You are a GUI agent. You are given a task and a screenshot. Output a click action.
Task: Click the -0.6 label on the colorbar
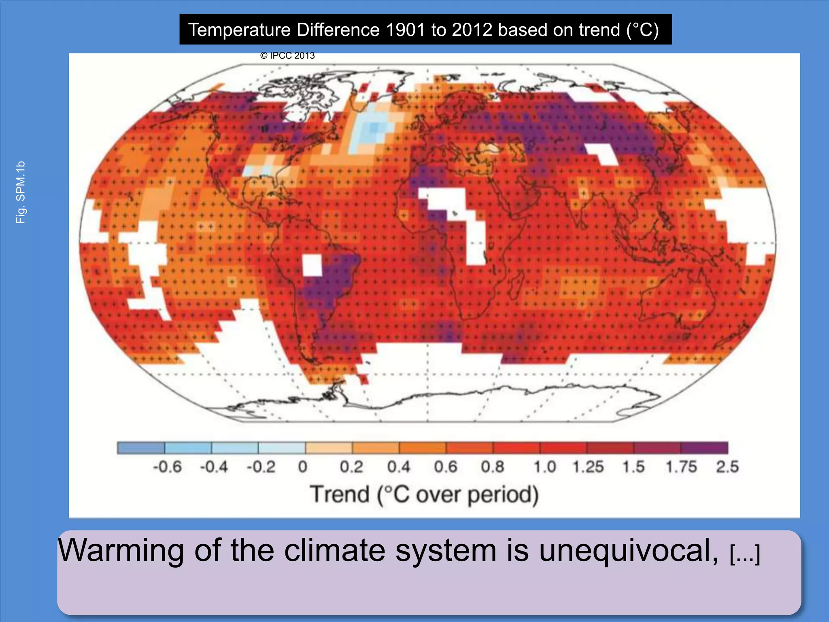pos(167,467)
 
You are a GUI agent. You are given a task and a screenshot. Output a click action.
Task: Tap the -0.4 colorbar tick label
pos(214,467)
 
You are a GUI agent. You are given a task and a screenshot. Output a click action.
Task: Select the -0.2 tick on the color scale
pos(261,467)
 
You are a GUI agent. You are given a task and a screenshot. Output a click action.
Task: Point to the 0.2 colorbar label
pos(351,467)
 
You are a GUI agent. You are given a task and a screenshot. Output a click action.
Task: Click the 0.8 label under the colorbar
pos(493,467)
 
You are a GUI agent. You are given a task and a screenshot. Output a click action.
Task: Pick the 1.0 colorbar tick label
pos(544,467)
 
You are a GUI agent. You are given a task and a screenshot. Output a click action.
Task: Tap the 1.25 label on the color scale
pos(588,467)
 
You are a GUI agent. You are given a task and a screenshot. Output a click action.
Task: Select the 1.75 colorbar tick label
pos(681,467)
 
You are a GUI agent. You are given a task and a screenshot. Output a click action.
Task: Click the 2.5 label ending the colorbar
pos(727,467)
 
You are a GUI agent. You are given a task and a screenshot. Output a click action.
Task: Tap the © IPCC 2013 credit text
pos(287,56)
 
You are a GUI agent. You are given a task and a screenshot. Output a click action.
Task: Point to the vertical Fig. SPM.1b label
pos(20,192)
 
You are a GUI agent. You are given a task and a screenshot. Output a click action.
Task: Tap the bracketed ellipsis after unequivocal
pos(745,553)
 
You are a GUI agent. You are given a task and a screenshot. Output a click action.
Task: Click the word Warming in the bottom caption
pos(121,551)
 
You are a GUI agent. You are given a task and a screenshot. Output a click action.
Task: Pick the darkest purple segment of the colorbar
pos(704,448)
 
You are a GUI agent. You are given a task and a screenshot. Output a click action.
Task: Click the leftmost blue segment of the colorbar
pos(141,448)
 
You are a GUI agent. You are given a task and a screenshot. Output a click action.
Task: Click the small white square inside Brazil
pos(312,265)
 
